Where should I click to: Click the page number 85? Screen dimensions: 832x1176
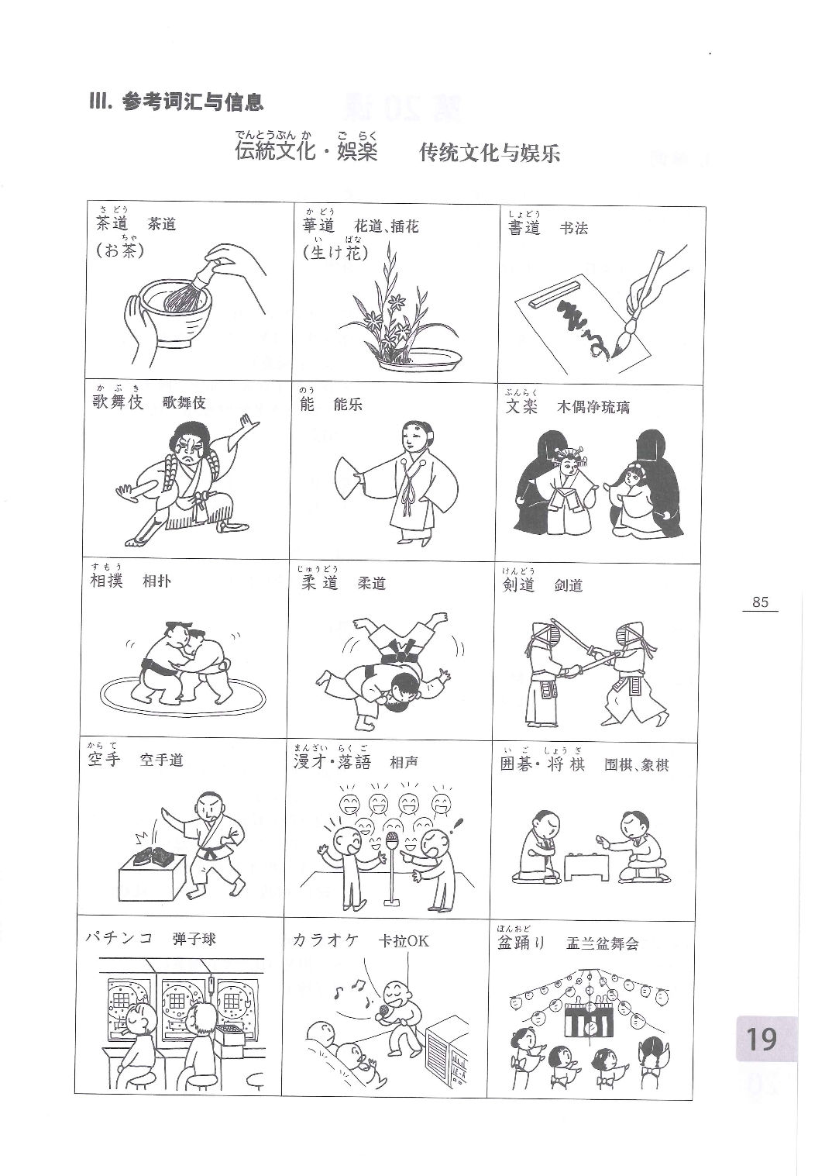tap(760, 602)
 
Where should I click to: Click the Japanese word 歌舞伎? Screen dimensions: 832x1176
tap(118, 402)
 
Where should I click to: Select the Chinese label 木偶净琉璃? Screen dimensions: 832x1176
tap(593, 407)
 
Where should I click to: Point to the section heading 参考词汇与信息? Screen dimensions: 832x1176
tap(193, 102)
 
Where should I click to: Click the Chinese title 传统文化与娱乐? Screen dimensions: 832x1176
tap(490, 153)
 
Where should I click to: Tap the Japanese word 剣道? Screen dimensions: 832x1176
tap(518, 584)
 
